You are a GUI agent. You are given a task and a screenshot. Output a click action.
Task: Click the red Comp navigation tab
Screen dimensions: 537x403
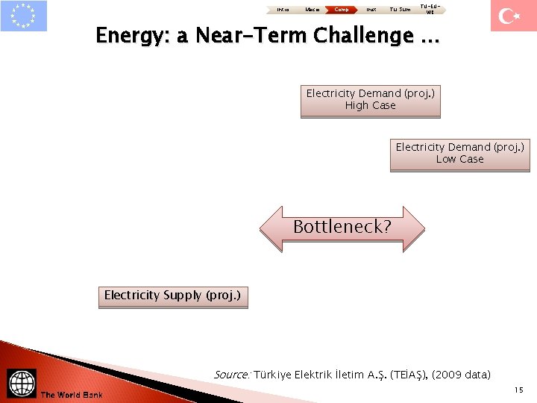click(341, 10)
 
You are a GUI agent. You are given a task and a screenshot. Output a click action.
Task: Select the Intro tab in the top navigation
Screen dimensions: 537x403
click(282, 10)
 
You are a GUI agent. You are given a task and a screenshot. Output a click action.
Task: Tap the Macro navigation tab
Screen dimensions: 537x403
click(312, 10)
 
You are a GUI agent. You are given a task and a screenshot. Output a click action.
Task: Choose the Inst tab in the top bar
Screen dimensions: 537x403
click(371, 10)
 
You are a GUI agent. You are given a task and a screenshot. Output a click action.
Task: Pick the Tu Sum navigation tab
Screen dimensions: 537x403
click(401, 10)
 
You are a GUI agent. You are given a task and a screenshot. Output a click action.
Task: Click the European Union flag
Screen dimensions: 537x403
click(24, 16)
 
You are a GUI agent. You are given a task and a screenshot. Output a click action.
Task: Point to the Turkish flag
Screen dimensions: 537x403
click(513, 16)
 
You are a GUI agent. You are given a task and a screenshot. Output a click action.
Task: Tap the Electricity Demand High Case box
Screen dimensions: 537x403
click(371, 101)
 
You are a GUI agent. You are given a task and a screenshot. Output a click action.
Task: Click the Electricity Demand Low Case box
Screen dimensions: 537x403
click(459, 154)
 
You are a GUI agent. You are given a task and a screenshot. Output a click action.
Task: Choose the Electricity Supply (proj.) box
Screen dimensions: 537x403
click(172, 296)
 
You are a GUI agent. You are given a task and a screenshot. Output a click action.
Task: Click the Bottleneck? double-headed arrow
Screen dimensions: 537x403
click(342, 227)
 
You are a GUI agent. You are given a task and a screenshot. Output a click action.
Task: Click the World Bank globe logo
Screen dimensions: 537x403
click(22, 383)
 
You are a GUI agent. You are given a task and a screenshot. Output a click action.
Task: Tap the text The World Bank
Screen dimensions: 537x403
click(72, 395)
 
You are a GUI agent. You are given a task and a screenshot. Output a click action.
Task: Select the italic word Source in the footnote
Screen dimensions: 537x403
click(231, 375)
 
